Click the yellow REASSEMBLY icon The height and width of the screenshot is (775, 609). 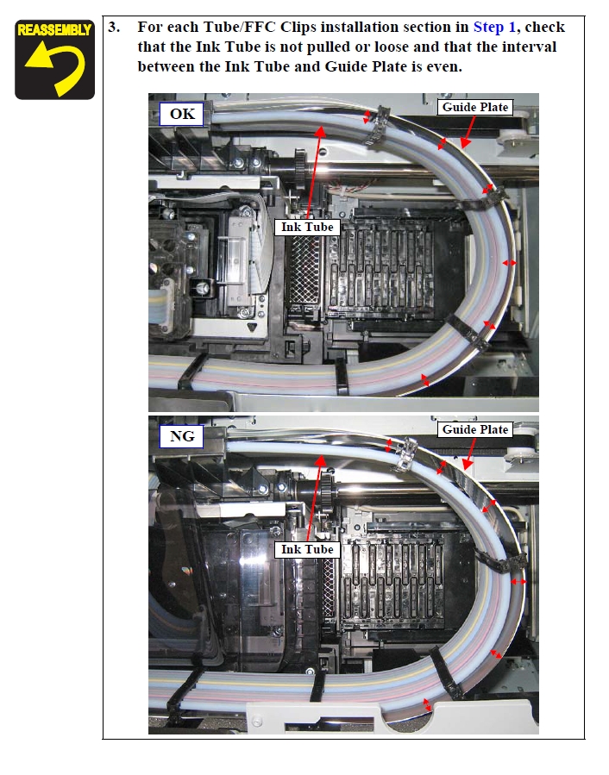click(54, 59)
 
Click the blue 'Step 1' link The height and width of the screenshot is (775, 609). click(494, 27)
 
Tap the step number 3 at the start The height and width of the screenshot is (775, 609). click(114, 27)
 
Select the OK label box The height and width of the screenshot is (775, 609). click(181, 114)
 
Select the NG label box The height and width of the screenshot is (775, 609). click(181, 436)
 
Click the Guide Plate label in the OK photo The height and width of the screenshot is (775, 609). click(475, 107)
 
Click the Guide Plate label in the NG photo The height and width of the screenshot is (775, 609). click(475, 429)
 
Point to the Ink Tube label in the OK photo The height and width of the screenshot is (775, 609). click(307, 228)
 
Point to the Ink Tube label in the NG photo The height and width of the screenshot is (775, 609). click(307, 550)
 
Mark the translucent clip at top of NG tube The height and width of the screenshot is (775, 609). click(406, 454)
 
